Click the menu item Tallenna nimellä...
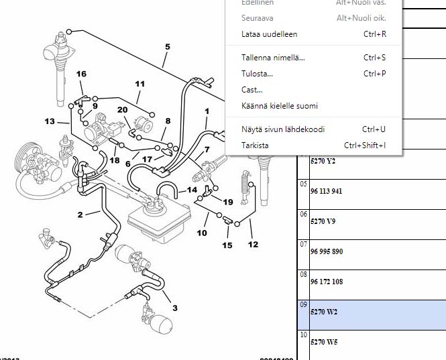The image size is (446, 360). [x=273, y=58]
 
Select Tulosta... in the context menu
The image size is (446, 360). [x=257, y=74]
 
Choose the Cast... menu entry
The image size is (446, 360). [x=252, y=90]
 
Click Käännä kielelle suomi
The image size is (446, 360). [x=280, y=106]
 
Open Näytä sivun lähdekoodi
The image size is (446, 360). [x=283, y=129]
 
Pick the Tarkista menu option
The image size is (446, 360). [x=255, y=145]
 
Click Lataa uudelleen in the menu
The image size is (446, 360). [x=269, y=34]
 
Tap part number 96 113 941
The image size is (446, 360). [x=327, y=191]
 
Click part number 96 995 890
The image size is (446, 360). [x=327, y=251]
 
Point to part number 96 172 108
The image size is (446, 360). [x=327, y=282]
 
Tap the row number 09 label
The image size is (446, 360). [x=304, y=304]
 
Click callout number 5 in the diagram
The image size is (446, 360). [x=167, y=47]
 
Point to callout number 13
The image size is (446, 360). [x=50, y=121]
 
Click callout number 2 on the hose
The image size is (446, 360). [x=80, y=215]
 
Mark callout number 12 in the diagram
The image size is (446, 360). [x=253, y=245]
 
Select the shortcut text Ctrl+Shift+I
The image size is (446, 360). [x=365, y=145]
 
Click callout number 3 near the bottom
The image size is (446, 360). [x=175, y=308]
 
